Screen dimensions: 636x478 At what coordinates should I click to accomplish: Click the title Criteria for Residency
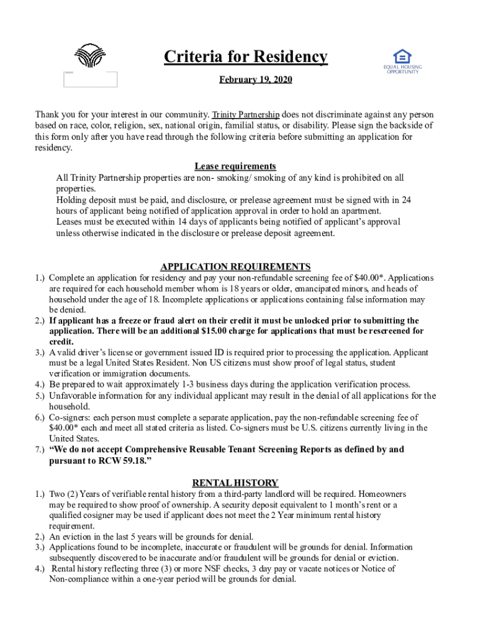245,57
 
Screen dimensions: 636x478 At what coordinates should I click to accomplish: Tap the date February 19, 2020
256,80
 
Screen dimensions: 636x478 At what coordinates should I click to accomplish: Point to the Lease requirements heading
235,166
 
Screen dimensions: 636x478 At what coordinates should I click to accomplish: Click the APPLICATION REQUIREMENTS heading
235,266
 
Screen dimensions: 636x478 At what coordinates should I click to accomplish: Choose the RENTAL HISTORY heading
235,483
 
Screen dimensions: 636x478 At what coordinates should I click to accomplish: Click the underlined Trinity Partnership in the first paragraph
246,115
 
